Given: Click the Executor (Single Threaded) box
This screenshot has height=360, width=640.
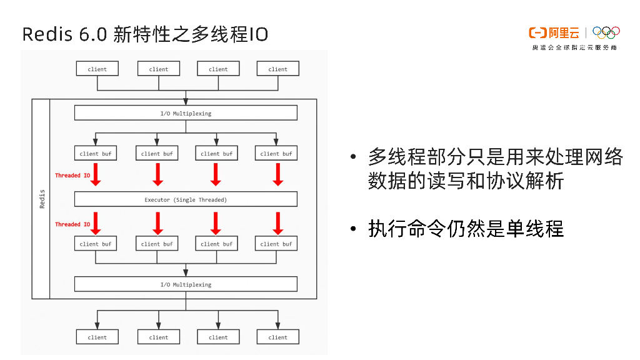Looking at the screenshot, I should click(x=186, y=199).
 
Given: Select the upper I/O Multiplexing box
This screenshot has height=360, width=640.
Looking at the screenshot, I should click(x=186, y=113).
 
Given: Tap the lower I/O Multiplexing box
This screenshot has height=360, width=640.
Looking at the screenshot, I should click(x=186, y=284).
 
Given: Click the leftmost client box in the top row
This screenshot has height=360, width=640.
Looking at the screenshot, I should click(x=97, y=69).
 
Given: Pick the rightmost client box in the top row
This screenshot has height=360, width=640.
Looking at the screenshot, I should click(x=277, y=69).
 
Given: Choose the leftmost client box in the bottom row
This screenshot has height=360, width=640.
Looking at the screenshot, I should click(x=97, y=337).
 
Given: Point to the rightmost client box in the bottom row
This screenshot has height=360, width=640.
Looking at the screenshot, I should click(x=277, y=337).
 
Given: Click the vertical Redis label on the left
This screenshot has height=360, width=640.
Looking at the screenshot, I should click(x=42, y=199).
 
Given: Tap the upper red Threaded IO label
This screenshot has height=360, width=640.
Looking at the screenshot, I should click(x=72, y=176).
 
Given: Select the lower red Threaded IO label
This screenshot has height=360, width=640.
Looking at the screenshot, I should click(x=72, y=224).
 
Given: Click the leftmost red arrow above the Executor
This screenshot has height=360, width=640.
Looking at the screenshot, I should click(x=96, y=174).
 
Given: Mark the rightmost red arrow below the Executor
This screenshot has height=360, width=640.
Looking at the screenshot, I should click(x=277, y=223).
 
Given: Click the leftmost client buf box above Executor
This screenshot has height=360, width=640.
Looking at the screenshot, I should click(x=96, y=153).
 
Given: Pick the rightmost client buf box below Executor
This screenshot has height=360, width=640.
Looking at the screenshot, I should click(x=276, y=244).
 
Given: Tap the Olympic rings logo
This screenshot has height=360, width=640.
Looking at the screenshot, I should click(x=606, y=32).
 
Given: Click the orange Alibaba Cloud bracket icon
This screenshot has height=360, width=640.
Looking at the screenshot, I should click(x=537, y=32).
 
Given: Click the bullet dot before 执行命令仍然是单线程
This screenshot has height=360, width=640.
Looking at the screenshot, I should click(x=354, y=229).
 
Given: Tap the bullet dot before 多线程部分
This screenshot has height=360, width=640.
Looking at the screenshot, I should click(x=354, y=157).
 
